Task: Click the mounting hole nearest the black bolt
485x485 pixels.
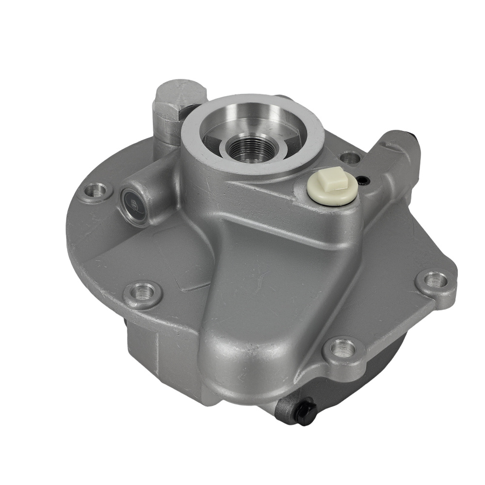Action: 343,347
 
